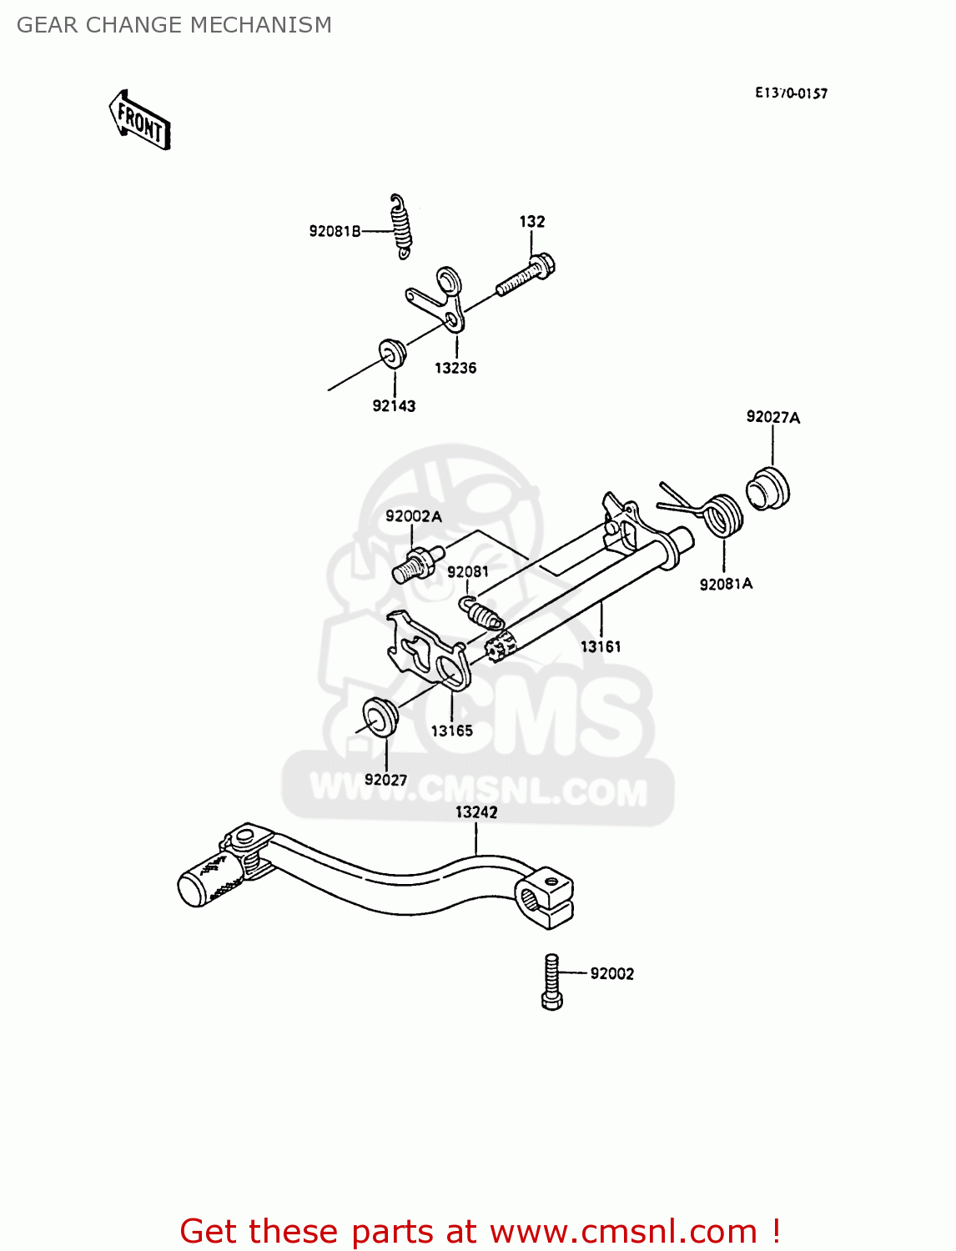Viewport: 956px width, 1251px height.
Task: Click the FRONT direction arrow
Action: pyautogui.click(x=139, y=121)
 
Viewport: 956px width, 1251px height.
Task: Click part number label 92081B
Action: pyautogui.click(x=335, y=231)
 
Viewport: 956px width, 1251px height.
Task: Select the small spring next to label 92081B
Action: pyautogui.click(x=401, y=226)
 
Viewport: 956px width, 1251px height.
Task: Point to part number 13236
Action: pyautogui.click(x=455, y=368)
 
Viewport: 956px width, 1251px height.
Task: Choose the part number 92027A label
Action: pyautogui.click(x=772, y=417)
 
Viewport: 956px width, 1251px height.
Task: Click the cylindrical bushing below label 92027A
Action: pyautogui.click(x=767, y=489)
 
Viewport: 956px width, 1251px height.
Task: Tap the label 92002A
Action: pyautogui.click(x=414, y=516)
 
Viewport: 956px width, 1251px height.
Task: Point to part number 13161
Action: pyautogui.click(x=601, y=646)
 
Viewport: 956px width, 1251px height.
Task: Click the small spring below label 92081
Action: pyautogui.click(x=483, y=613)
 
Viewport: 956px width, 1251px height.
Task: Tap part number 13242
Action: pyautogui.click(x=476, y=812)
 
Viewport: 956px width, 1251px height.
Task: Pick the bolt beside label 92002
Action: pyautogui.click(x=551, y=982)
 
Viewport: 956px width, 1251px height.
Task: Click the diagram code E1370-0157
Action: pyautogui.click(x=791, y=93)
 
